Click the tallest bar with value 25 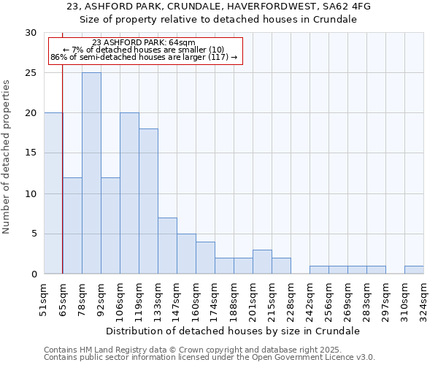[91, 173]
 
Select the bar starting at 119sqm [148, 201]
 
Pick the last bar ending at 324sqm [414, 269]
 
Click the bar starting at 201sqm [262, 261]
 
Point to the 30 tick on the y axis [32, 33]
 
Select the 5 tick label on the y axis [34, 234]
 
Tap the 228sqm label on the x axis [291, 299]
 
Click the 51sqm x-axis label [44, 299]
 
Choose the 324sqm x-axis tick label [423, 299]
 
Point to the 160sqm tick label [196, 299]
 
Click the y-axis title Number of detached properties [7, 153]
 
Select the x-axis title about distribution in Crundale [234, 331]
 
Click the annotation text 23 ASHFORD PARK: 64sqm [144, 43]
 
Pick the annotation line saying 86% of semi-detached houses [144, 57]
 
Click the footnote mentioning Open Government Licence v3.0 [210, 358]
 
